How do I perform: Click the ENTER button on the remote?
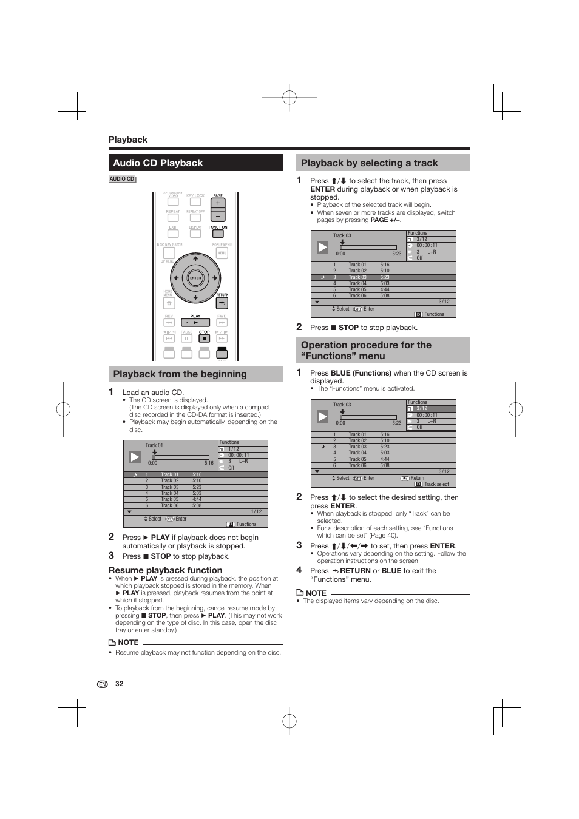click(x=195, y=278)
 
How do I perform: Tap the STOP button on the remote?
click(x=205, y=338)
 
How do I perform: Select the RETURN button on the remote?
click(x=222, y=303)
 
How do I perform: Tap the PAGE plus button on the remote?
click(x=218, y=204)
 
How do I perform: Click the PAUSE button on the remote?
click(x=187, y=338)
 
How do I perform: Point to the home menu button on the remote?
click(x=169, y=303)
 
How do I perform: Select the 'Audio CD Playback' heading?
click(x=158, y=163)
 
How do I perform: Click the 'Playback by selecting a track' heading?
click(x=369, y=163)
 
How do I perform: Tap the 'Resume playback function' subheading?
click(x=165, y=570)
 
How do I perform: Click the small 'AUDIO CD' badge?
click(x=122, y=179)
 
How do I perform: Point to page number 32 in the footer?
click(x=120, y=684)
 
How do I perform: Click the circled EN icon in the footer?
click(x=102, y=684)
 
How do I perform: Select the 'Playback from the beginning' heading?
click(x=180, y=374)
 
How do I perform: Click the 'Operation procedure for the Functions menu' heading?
click(x=366, y=350)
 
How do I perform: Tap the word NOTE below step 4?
click(x=316, y=593)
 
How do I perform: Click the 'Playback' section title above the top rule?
click(x=128, y=140)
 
